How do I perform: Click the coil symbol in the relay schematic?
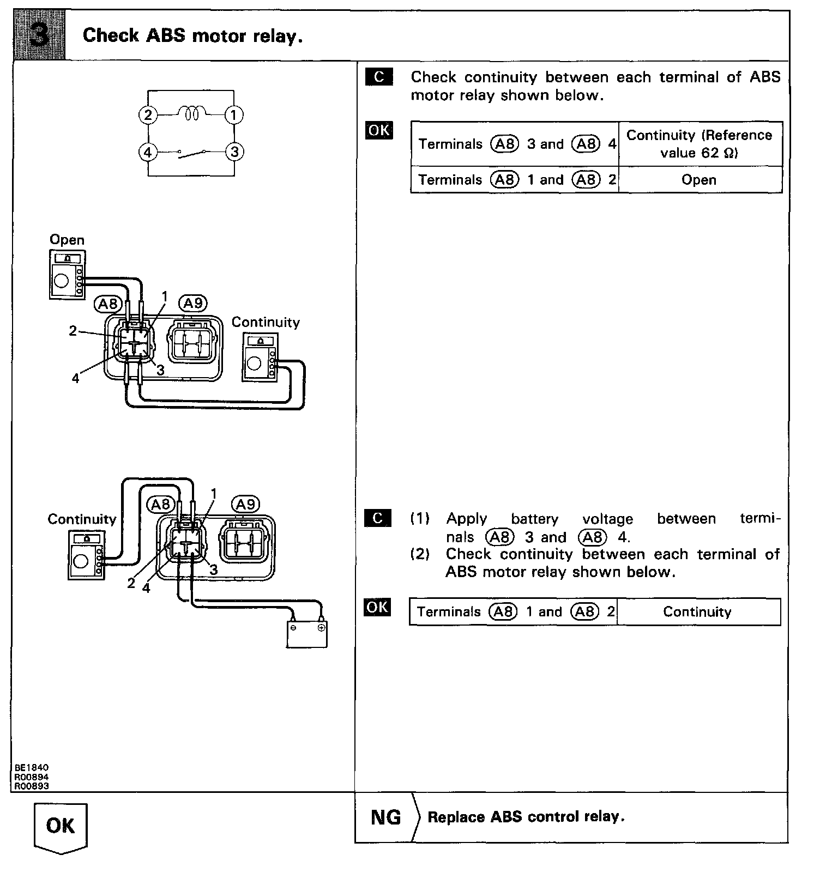[191, 113]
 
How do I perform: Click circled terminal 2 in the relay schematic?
[147, 115]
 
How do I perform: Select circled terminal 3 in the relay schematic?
[234, 151]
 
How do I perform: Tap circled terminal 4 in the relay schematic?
[147, 151]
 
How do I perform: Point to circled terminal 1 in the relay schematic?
[234, 115]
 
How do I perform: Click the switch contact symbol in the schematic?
[191, 153]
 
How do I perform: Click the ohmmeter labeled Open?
[67, 274]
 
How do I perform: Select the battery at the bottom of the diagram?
[307, 633]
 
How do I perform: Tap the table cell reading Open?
[699, 180]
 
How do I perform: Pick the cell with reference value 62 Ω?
[699, 144]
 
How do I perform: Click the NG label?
[385, 817]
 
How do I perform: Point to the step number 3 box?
[39, 35]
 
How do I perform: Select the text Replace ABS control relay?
[526, 817]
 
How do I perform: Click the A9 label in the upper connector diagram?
[193, 303]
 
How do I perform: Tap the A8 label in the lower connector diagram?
[161, 504]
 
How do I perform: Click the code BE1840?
[32, 768]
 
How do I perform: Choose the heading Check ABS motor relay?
[192, 36]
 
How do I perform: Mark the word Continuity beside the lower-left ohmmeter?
[82, 519]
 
